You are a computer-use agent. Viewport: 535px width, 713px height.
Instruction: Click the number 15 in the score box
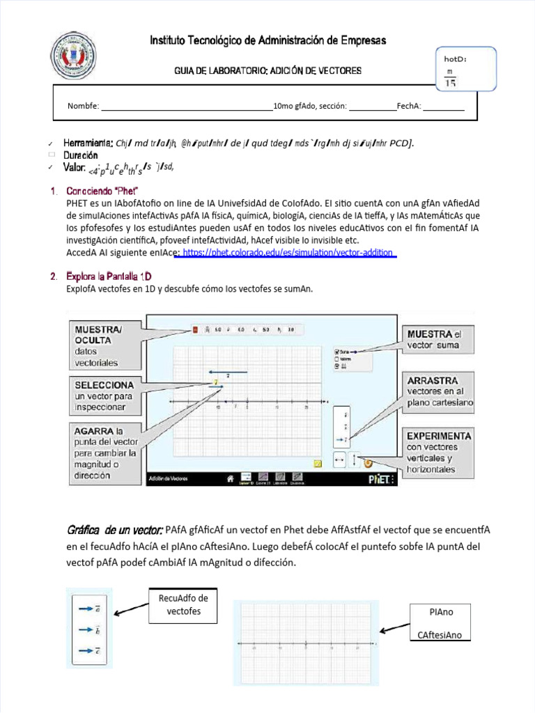click(450, 84)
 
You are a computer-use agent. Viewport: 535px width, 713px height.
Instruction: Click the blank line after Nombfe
click(187, 107)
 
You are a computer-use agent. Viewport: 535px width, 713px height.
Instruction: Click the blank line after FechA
click(443, 107)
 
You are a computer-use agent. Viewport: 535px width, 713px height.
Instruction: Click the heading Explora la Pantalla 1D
click(108, 276)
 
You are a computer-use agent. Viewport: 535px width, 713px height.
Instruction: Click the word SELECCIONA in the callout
click(104, 384)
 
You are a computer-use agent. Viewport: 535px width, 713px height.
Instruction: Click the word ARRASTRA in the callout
click(433, 381)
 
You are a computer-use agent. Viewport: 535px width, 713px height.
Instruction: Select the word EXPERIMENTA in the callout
click(439, 436)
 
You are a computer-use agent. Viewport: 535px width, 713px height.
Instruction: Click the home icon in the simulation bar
click(227, 478)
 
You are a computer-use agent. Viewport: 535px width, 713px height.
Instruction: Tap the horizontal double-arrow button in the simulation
click(339, 460)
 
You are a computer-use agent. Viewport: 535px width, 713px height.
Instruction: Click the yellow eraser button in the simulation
click(317, 462)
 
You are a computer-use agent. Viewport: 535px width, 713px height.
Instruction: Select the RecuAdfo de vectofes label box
click(184, 604)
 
